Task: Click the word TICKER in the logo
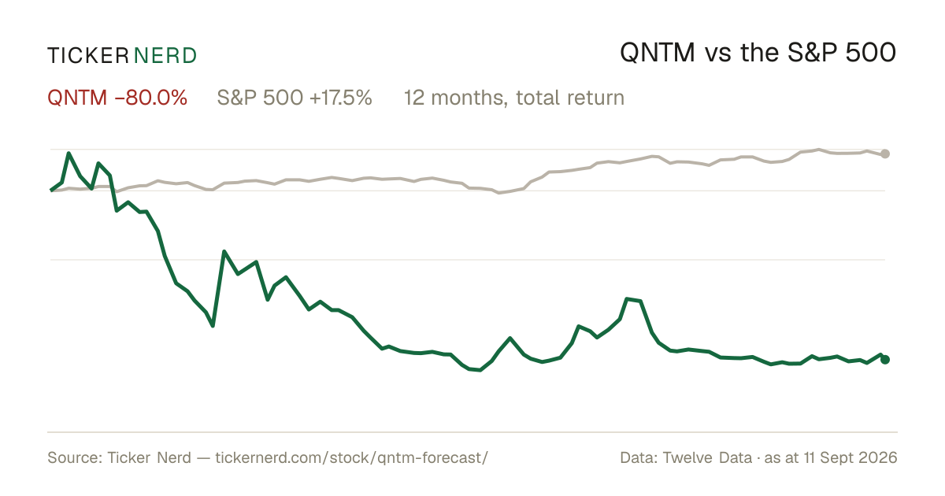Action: tap(88, 56)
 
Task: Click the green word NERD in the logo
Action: tap(165, 56)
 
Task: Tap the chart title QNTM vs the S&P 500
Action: tap(758, 54)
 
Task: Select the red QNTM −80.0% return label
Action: tap(117, 98)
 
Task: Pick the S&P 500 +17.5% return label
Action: tap(295, 98)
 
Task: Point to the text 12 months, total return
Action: tap(514, 98)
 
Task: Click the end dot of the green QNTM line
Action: tap(885, 359)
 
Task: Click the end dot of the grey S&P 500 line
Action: tap(885, 154)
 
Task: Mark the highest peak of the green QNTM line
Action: tap(69, 154)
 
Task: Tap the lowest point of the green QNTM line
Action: tap(480, 370)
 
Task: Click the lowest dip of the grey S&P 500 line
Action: tap(499, 193)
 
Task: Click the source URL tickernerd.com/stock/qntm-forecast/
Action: tap(352, 457)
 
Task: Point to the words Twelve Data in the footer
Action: tap(707, 457)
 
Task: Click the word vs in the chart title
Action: tap(717, 55)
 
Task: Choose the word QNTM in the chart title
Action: tap(658, 54)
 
